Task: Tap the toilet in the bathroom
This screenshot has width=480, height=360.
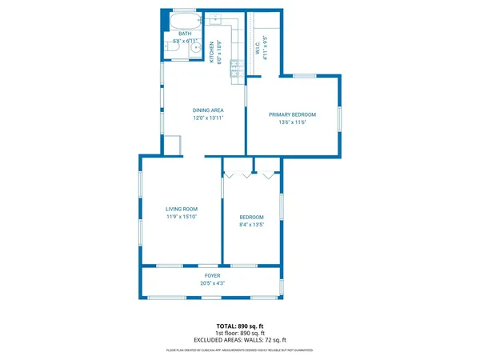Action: click(171, 49)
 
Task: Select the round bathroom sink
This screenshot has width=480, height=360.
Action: click(196, 49)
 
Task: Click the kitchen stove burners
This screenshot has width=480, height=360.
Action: click(235, 68)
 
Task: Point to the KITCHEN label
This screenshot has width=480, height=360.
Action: click(212, 53)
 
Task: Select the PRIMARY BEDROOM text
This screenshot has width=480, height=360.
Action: click(292, 114)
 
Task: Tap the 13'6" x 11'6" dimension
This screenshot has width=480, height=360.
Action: click(292, 122)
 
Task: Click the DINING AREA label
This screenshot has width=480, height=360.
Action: click(207, 110)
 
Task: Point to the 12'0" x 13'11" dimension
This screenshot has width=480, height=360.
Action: click(207, 118)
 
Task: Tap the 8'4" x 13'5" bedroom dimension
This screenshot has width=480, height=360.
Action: click(252, 225)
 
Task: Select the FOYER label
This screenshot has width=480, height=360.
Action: click(212, 275)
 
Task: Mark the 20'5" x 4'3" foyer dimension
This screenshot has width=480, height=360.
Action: click(212, 283)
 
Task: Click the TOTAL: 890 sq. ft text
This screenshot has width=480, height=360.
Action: click(239, 326)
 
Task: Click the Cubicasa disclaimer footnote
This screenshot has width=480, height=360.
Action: click(239, 350)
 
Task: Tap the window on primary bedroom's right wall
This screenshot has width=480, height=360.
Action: click(339, 118)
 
